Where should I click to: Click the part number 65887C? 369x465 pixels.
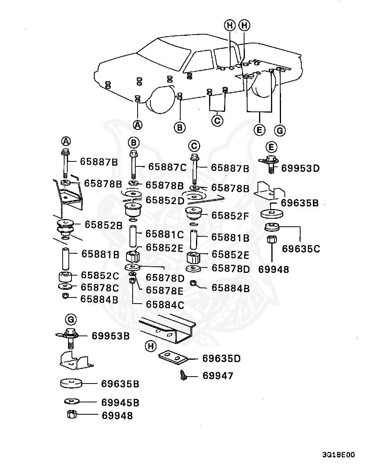coord(167,167)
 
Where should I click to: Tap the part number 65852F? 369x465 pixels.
coord(230,216)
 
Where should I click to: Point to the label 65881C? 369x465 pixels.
coord(165,234)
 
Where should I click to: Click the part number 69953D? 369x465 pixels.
coord(300,168)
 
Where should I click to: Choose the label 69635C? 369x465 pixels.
coord(301,249)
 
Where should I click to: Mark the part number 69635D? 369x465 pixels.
coord(221,359)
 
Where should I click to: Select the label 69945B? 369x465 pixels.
coord(120,403)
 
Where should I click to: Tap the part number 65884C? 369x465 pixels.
coord(165,305)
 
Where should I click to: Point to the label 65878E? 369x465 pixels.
coord(165,291)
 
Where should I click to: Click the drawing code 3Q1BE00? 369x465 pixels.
coord(339,455)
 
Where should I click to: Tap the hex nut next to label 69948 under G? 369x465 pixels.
coord(71,415)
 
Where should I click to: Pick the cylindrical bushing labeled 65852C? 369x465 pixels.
coord(65,276)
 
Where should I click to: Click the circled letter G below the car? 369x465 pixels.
coord(280,131)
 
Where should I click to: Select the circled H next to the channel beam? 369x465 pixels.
coord(151,347)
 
